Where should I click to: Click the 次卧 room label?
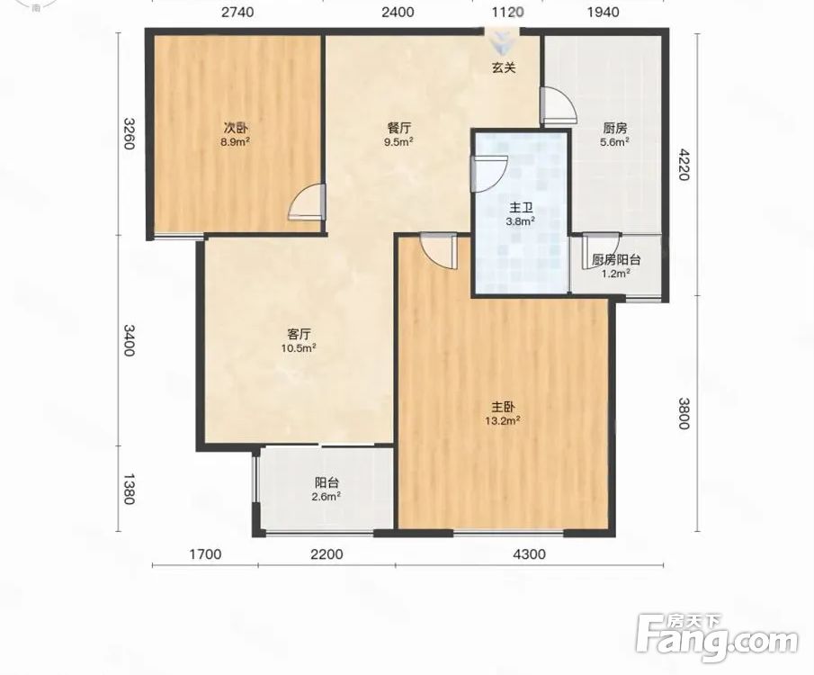pyautogui.click(x=237, y=128)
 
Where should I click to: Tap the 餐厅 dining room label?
pyautogui.click(x=398, y=128)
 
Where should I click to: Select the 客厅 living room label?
pyautogui.click(x=299, y=334)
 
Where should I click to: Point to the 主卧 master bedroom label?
pyautogui.click(x=503, y=407)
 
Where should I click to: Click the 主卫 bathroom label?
pyautogui.click(x=521, y=209)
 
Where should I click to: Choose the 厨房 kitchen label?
pyautogui.click(x=615, y=128)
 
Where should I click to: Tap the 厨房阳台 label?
pyautogui.click(x=616, y=259)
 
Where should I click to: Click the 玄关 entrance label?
pyautogui.click(x=504, y=67)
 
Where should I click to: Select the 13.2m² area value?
pyautogui.click(x=503, y=421)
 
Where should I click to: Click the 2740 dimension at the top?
pyautogui.click(x=237, y=12)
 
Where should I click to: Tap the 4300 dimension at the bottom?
pyautogui.click(x=529, y=554)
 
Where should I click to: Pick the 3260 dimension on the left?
pyautogui.click(x=130, y=133)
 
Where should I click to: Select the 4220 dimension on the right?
pyautogui.click(x=684, y=164)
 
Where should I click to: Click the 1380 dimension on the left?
pyautogui.click(x=130, y=489)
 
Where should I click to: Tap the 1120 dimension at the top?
pyautogui.click(x=507, y=12)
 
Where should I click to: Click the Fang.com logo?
pyautogui.click(x=717, y=637)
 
